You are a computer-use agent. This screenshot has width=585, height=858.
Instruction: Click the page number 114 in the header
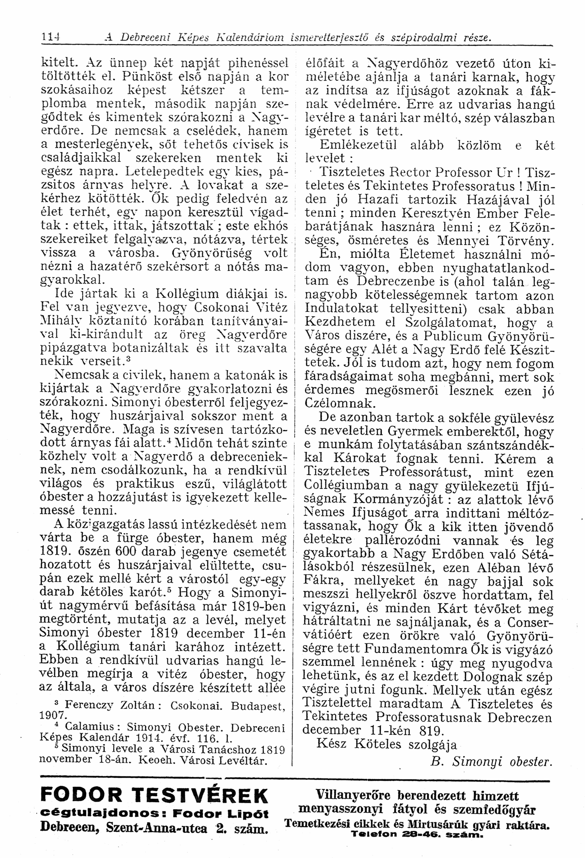[51, 37]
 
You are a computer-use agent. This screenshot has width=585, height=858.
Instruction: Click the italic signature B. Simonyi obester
[489, 762]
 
